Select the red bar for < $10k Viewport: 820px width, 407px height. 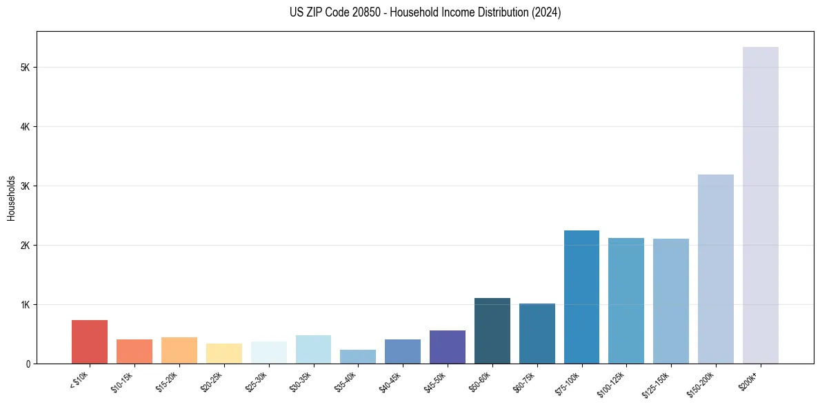coord(90,341)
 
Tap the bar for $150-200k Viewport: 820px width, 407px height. coord(715,269)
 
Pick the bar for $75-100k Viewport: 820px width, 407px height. coord(581,297)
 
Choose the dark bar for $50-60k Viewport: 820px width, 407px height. coord(492,330)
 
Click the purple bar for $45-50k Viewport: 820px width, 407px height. coord(448,347)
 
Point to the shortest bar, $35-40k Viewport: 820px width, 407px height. coord(358,357)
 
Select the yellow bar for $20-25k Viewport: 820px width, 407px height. coord(223,353)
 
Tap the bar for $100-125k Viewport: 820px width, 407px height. coord(626,301)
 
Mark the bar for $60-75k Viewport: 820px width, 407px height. coord(537,333)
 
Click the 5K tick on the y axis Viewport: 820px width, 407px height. coord(26,68)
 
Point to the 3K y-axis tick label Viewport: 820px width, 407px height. coord(26,186)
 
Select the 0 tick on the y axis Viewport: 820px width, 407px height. coord(29,364)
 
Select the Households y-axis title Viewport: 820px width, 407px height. coord(11,198)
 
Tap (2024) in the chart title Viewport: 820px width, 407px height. coord(546,12)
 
